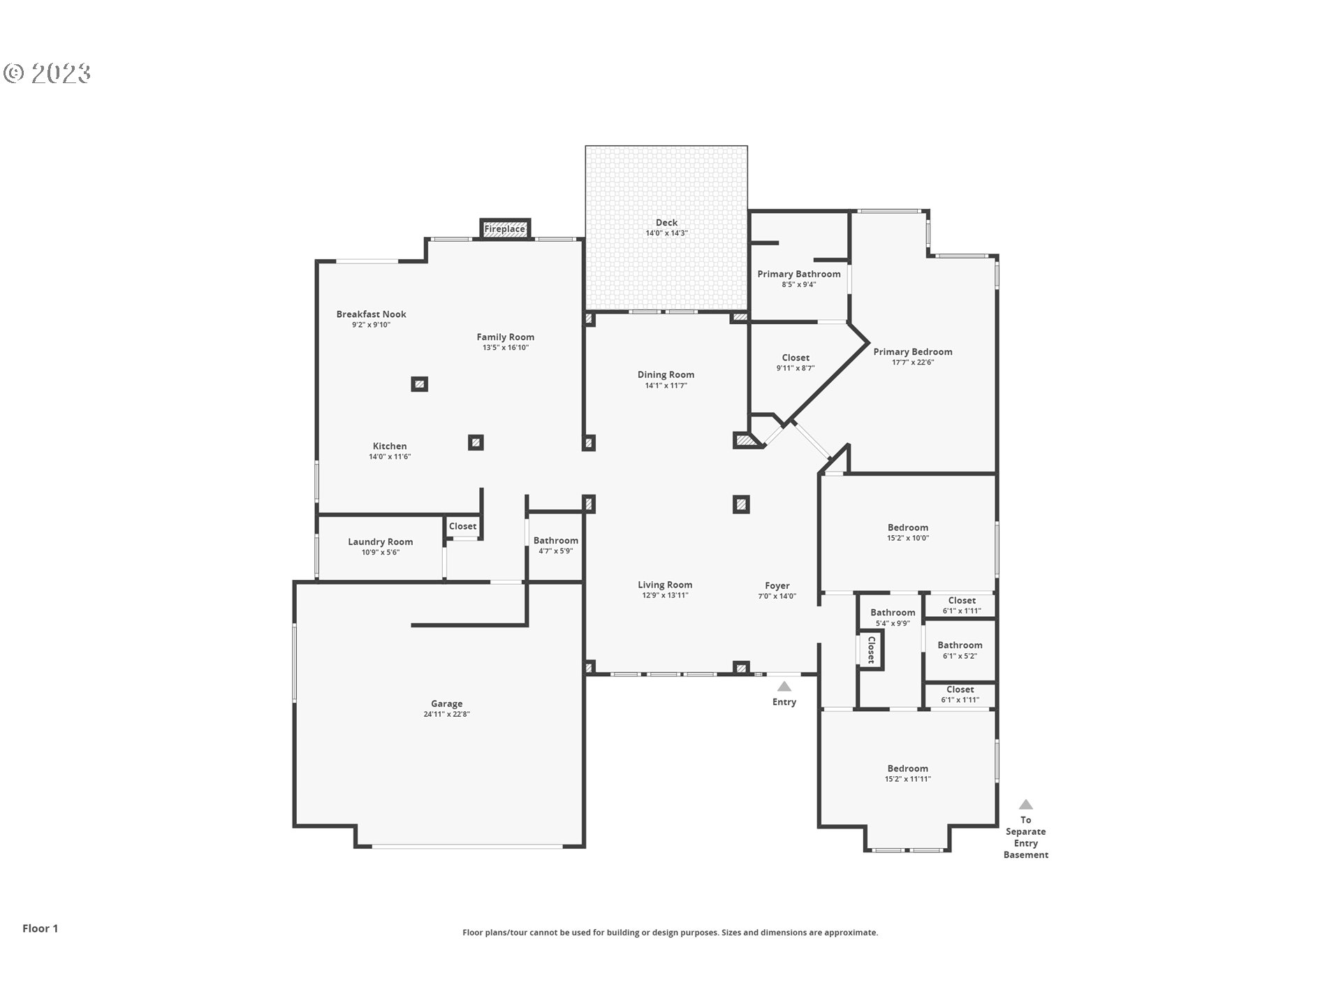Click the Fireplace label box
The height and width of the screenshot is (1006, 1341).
point(504,229)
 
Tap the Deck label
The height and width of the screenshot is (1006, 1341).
point(666,223)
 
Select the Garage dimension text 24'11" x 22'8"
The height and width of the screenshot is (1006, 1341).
point(446,714)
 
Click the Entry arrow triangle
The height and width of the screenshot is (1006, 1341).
point(784,687)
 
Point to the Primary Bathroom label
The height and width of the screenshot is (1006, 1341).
point(799,274)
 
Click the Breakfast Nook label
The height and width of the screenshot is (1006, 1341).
point(371,314)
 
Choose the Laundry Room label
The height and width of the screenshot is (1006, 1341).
point(380,541)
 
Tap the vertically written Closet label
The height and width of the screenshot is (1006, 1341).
point(871,650)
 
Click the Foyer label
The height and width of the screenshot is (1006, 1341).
point(777,585)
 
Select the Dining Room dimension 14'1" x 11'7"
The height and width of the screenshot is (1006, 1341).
point(666,386)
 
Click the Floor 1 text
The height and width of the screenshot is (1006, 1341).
point(41,928)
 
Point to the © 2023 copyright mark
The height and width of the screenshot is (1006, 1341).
point(47,73)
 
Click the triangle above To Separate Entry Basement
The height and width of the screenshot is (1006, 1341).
point(1025,805)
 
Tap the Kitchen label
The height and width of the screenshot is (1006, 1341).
point(390,446)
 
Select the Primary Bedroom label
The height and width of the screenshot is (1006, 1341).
point(912,351)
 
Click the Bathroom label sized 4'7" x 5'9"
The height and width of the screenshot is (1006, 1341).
point(555,540)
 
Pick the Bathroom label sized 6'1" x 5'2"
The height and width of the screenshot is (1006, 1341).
point(960,645)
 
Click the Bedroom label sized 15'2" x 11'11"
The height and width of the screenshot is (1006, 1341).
point(907,768)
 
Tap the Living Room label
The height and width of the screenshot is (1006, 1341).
point(665,585)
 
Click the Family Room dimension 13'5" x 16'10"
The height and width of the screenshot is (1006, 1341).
point(505,348)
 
